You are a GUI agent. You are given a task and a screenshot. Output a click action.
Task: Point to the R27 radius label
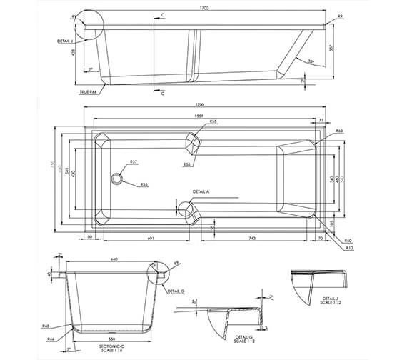pyautogui.click(x=134, y=161)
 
